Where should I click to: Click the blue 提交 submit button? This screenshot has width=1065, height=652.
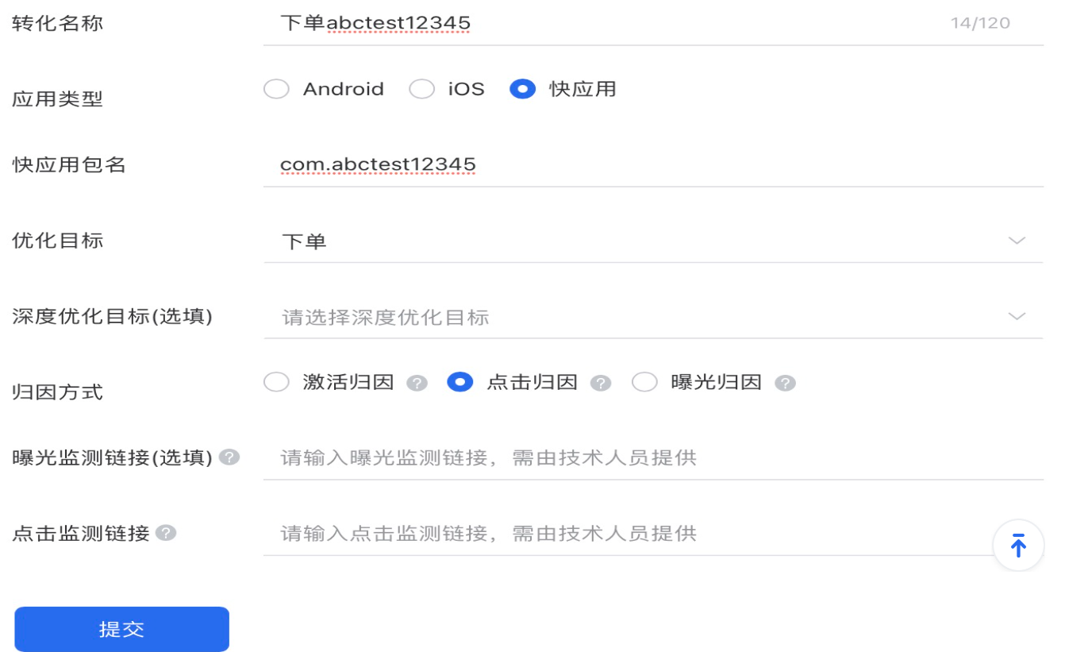coord(121,629)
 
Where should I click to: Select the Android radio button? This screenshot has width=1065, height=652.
coord(276,90)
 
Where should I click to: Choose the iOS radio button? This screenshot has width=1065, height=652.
coord(421,90)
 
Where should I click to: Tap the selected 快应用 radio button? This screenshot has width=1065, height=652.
coord(522,90)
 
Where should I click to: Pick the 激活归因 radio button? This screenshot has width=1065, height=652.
coord(276,383)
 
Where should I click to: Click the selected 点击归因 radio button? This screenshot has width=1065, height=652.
coord(460,383)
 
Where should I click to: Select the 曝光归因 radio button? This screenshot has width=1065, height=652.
coord(644,383)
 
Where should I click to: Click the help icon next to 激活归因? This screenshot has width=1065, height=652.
coord(417,384)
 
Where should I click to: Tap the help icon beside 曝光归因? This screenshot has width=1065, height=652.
coord(785,384)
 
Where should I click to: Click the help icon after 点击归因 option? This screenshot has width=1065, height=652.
coord(601,384)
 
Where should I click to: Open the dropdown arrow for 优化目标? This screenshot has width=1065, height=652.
coord(1017,241)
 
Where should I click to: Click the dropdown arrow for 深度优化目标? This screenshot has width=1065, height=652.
coord(1017,317)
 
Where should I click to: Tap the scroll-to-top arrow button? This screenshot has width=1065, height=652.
coord(1018,546)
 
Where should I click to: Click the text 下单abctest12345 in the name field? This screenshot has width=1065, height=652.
coord(375,23)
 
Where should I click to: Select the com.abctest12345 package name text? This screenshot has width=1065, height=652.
coord(378,164)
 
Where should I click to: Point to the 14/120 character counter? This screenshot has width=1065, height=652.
coord(980,23)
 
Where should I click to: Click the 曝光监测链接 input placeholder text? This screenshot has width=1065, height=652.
coord(489,458)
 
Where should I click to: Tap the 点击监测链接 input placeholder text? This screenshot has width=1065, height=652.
coord(489,533)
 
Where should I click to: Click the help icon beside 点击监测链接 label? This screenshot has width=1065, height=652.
coord(166,533)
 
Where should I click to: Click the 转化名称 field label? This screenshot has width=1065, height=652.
coord(57,23)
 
